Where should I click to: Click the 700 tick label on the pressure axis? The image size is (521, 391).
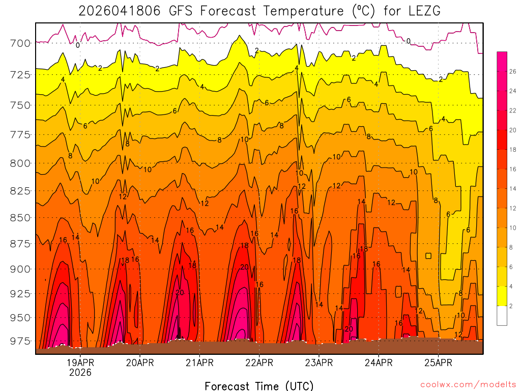[20, 43]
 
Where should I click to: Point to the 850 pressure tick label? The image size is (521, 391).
[20, 217]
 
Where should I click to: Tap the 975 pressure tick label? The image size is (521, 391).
[20, 341]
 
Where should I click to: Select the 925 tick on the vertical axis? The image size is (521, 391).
[20, 294]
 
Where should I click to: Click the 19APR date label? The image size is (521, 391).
[80, 363]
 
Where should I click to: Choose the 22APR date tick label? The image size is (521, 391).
[259, 363]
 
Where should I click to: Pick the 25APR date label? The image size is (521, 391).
[438, 363]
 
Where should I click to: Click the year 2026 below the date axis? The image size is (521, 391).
[80, 373]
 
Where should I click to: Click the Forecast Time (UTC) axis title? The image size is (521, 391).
[259, 385]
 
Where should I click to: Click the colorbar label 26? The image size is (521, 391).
[512, 71]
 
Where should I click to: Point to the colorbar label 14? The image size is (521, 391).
[512, 188]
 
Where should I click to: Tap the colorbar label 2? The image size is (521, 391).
[510, 305]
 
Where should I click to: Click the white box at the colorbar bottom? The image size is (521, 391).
[502, 316]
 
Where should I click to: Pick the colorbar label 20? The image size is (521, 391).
[512, 130]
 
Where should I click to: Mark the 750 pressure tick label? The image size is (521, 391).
[20, 105]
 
